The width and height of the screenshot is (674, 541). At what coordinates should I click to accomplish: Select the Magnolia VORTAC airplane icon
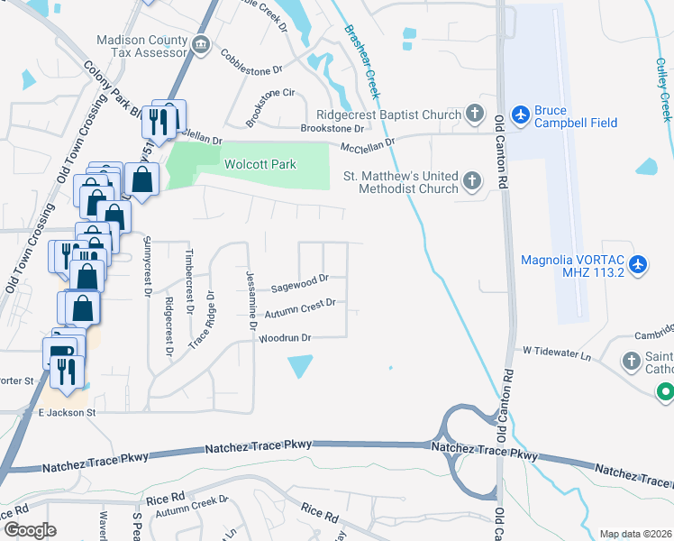point(638,263)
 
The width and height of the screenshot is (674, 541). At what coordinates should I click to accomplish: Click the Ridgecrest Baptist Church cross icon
point(475,114)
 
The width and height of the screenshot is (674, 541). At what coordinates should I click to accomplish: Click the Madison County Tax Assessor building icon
point(200,44)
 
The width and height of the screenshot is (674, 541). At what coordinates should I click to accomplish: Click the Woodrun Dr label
point(285,338)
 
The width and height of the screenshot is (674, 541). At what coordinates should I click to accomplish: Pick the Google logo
point(29,530)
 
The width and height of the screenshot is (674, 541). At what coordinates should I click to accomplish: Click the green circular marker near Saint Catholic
point(665,392)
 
